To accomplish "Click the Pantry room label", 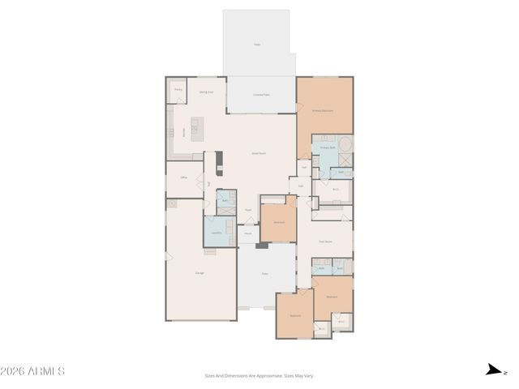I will [178, 89].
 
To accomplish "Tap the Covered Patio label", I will [261, 95].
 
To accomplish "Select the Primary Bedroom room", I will [324, 109].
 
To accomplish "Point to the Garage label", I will [199, 273].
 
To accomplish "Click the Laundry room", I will [217, 233].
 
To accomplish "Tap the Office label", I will [183, 175].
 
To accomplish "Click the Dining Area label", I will [207, 92].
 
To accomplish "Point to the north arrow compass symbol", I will [492, 370].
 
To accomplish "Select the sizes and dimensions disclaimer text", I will [259, 376].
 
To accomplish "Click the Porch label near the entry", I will [248, 233].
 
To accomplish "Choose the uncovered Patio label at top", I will [257, 45].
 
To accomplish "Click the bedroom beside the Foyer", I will [278, 220].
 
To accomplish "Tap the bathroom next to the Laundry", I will [225, 200].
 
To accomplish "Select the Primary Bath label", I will [328, 148].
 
